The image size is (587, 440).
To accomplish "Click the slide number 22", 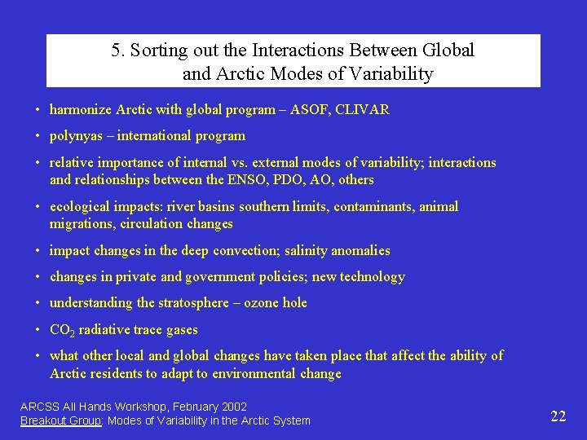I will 558,416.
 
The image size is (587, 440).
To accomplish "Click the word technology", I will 372,277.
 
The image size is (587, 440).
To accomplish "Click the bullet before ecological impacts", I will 38,207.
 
